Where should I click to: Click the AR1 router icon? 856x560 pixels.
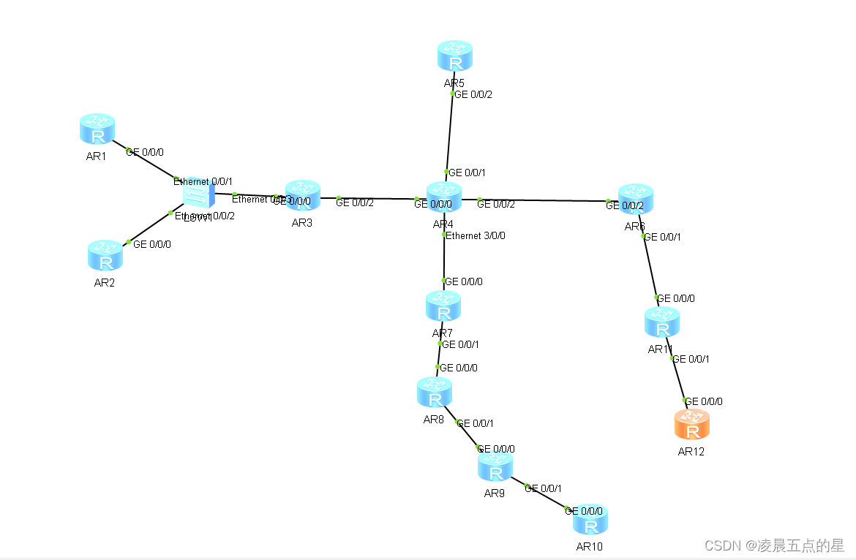coord(97,129)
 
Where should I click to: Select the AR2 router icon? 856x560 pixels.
coord(105,255)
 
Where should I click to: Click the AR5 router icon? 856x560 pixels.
coord(455,56)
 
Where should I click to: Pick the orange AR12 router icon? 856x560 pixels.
coord(691,424)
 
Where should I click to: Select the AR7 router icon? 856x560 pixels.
coord(443,306)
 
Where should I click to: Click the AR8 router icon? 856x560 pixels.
coord(435,393)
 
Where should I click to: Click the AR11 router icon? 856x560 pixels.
coord(662,322)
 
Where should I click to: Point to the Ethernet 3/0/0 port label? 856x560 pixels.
coord(476,235)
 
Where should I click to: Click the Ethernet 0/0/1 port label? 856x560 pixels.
coord(203,181)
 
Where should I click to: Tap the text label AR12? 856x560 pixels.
coord(691,451)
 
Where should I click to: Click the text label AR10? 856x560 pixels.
coord(589,546)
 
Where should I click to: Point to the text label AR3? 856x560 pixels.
coord(301,223)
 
